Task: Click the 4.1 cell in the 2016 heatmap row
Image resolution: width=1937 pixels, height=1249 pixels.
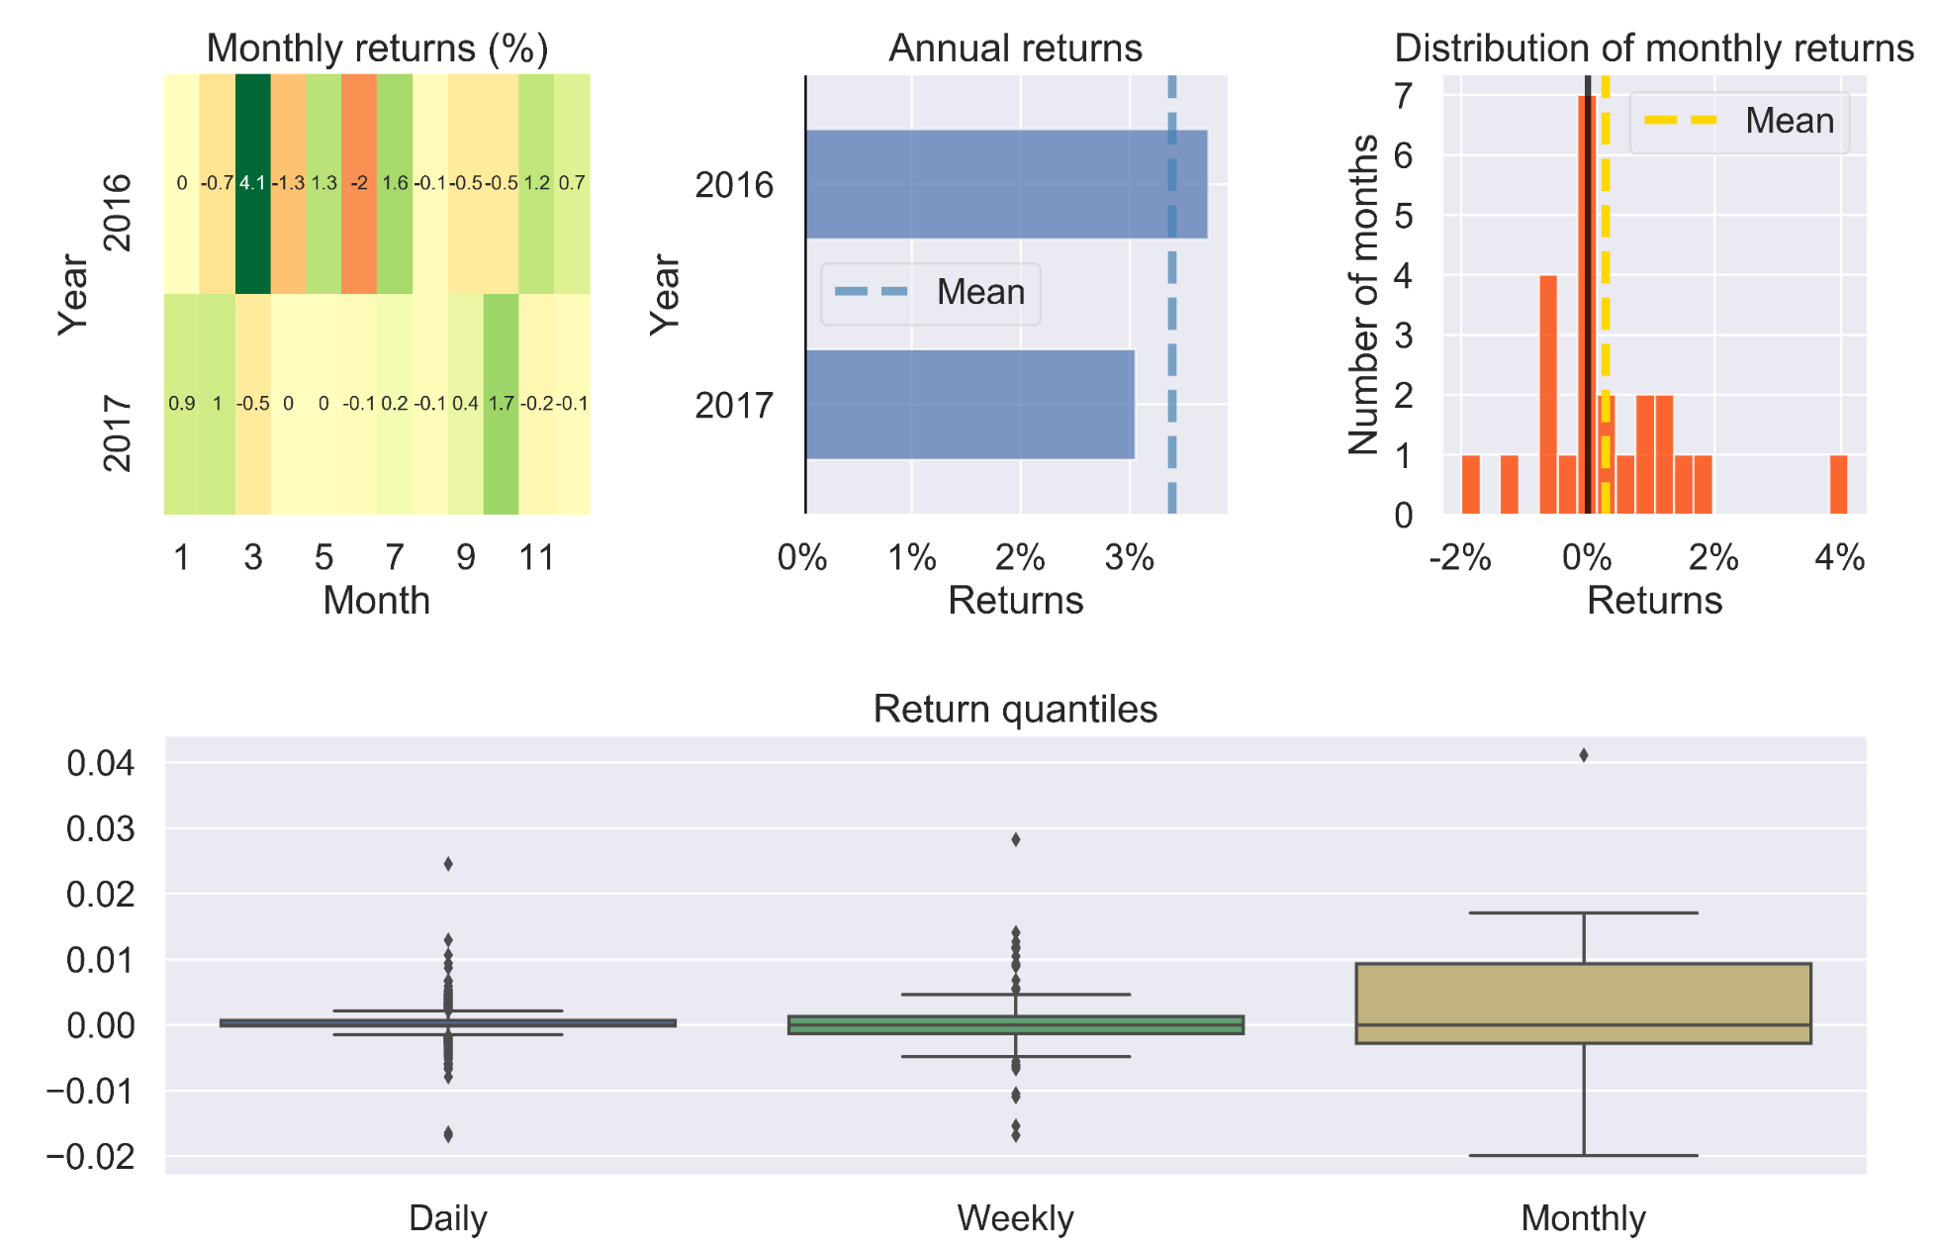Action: pos(252,183)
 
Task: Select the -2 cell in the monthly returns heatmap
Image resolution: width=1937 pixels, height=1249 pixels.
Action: pos(359,183)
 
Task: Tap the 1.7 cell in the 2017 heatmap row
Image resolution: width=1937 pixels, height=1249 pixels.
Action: pos(501,403)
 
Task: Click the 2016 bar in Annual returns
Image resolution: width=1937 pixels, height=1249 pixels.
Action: pos(1005,184)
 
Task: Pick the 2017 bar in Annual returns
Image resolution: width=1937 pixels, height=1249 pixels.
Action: pos(969,404)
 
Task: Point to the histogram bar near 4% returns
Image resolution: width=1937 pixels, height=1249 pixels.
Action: pos(1838,484)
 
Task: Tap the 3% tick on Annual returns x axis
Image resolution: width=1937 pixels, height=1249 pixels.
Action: pos(1129,558)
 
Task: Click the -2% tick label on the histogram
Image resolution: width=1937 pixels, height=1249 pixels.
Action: pos(1460,558)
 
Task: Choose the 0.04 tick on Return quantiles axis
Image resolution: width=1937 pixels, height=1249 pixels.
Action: pos(100,763)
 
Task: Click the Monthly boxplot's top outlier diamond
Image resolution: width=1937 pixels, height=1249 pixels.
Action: pos(1584,755)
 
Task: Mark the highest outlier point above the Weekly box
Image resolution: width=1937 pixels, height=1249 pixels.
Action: pos(1016,839)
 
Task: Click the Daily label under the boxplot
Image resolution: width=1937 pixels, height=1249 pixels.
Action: pos(447,1218)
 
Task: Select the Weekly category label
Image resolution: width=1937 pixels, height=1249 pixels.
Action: pos(1015,1218)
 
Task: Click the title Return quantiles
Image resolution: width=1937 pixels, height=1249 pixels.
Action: pos(1015,710)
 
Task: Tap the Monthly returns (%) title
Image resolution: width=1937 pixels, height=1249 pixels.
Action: pos(377,48)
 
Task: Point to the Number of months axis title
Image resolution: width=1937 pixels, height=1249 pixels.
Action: pos(1364,294)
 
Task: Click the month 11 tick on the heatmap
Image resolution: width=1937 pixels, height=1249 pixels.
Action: pos(536,558)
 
